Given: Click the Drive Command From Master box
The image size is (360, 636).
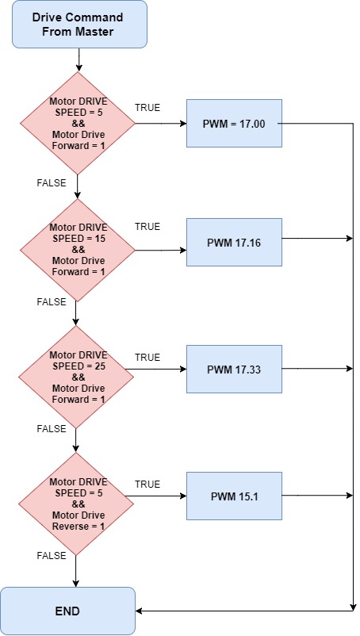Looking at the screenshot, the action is click(79, 25).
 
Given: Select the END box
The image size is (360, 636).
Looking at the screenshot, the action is click(67, 611).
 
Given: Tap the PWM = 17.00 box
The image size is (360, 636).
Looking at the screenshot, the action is click(234, 123).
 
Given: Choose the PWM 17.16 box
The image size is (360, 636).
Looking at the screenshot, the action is click(234, 242).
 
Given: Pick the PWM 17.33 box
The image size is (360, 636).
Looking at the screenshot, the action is click(234, 369).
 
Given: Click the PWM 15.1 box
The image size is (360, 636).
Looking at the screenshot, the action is click(234, 496).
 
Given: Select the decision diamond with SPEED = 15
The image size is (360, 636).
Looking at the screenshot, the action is click(78, 251).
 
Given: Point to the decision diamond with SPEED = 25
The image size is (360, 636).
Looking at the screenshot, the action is click(76, 377).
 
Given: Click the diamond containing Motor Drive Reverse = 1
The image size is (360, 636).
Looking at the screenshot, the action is click(76, 504).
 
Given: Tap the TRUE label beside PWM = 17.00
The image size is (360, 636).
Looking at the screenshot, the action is click(147, 108).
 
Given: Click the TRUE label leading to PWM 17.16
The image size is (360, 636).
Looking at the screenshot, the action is click(147, 226).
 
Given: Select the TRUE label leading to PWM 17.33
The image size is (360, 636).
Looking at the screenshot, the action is click(147, 358).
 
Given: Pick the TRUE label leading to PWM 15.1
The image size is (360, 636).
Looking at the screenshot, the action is click(147, 485).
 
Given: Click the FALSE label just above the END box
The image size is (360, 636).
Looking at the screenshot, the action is click(52, 555).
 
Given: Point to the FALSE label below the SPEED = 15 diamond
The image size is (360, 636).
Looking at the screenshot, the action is click(52, 302).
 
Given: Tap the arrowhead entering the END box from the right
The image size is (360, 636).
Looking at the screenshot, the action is click(138, 611).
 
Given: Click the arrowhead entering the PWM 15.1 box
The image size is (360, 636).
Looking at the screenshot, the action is click(183, 496).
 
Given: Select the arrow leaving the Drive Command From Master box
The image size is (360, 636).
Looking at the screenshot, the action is click(79, 59).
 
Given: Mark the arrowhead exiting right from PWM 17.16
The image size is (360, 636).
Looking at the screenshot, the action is click(350, 239).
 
